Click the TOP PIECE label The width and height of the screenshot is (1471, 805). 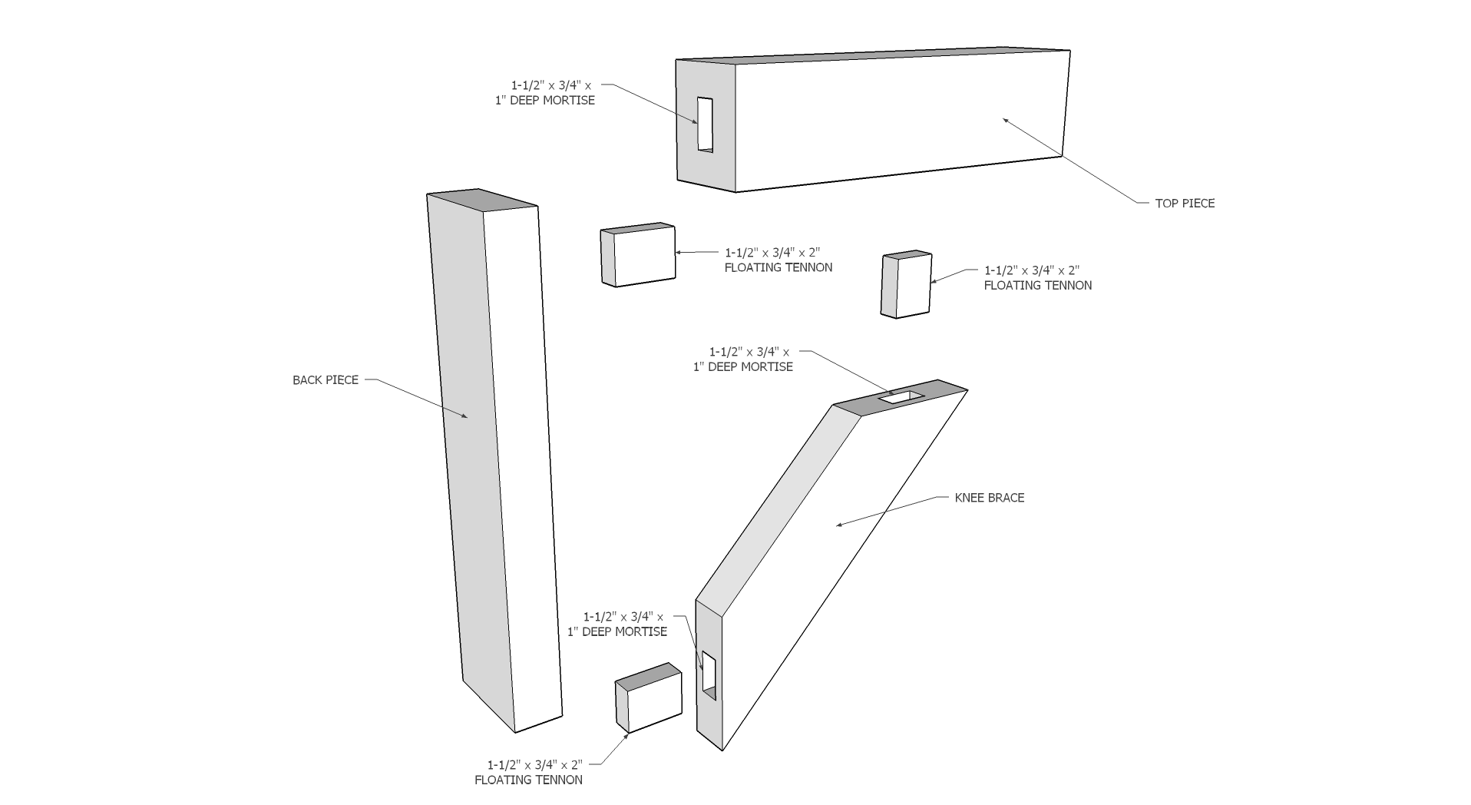[x=1185, y=204]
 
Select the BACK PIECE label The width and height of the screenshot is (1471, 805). [x=325, y=380]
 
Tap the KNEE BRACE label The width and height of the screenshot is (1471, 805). [x=989, y=498]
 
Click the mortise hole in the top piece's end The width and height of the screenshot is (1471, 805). [x=705, y=124]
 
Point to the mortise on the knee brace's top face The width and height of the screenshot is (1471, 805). [x=901, y=396]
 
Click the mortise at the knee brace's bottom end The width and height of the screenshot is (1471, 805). [x=709, y=676]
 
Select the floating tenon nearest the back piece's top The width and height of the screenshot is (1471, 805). [x=637, y=255]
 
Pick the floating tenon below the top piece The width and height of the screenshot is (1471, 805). [x=906, y=283]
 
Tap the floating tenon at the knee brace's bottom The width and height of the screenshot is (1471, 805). [x=648, y=698]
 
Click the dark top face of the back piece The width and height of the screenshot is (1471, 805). [x=481, y=200]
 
